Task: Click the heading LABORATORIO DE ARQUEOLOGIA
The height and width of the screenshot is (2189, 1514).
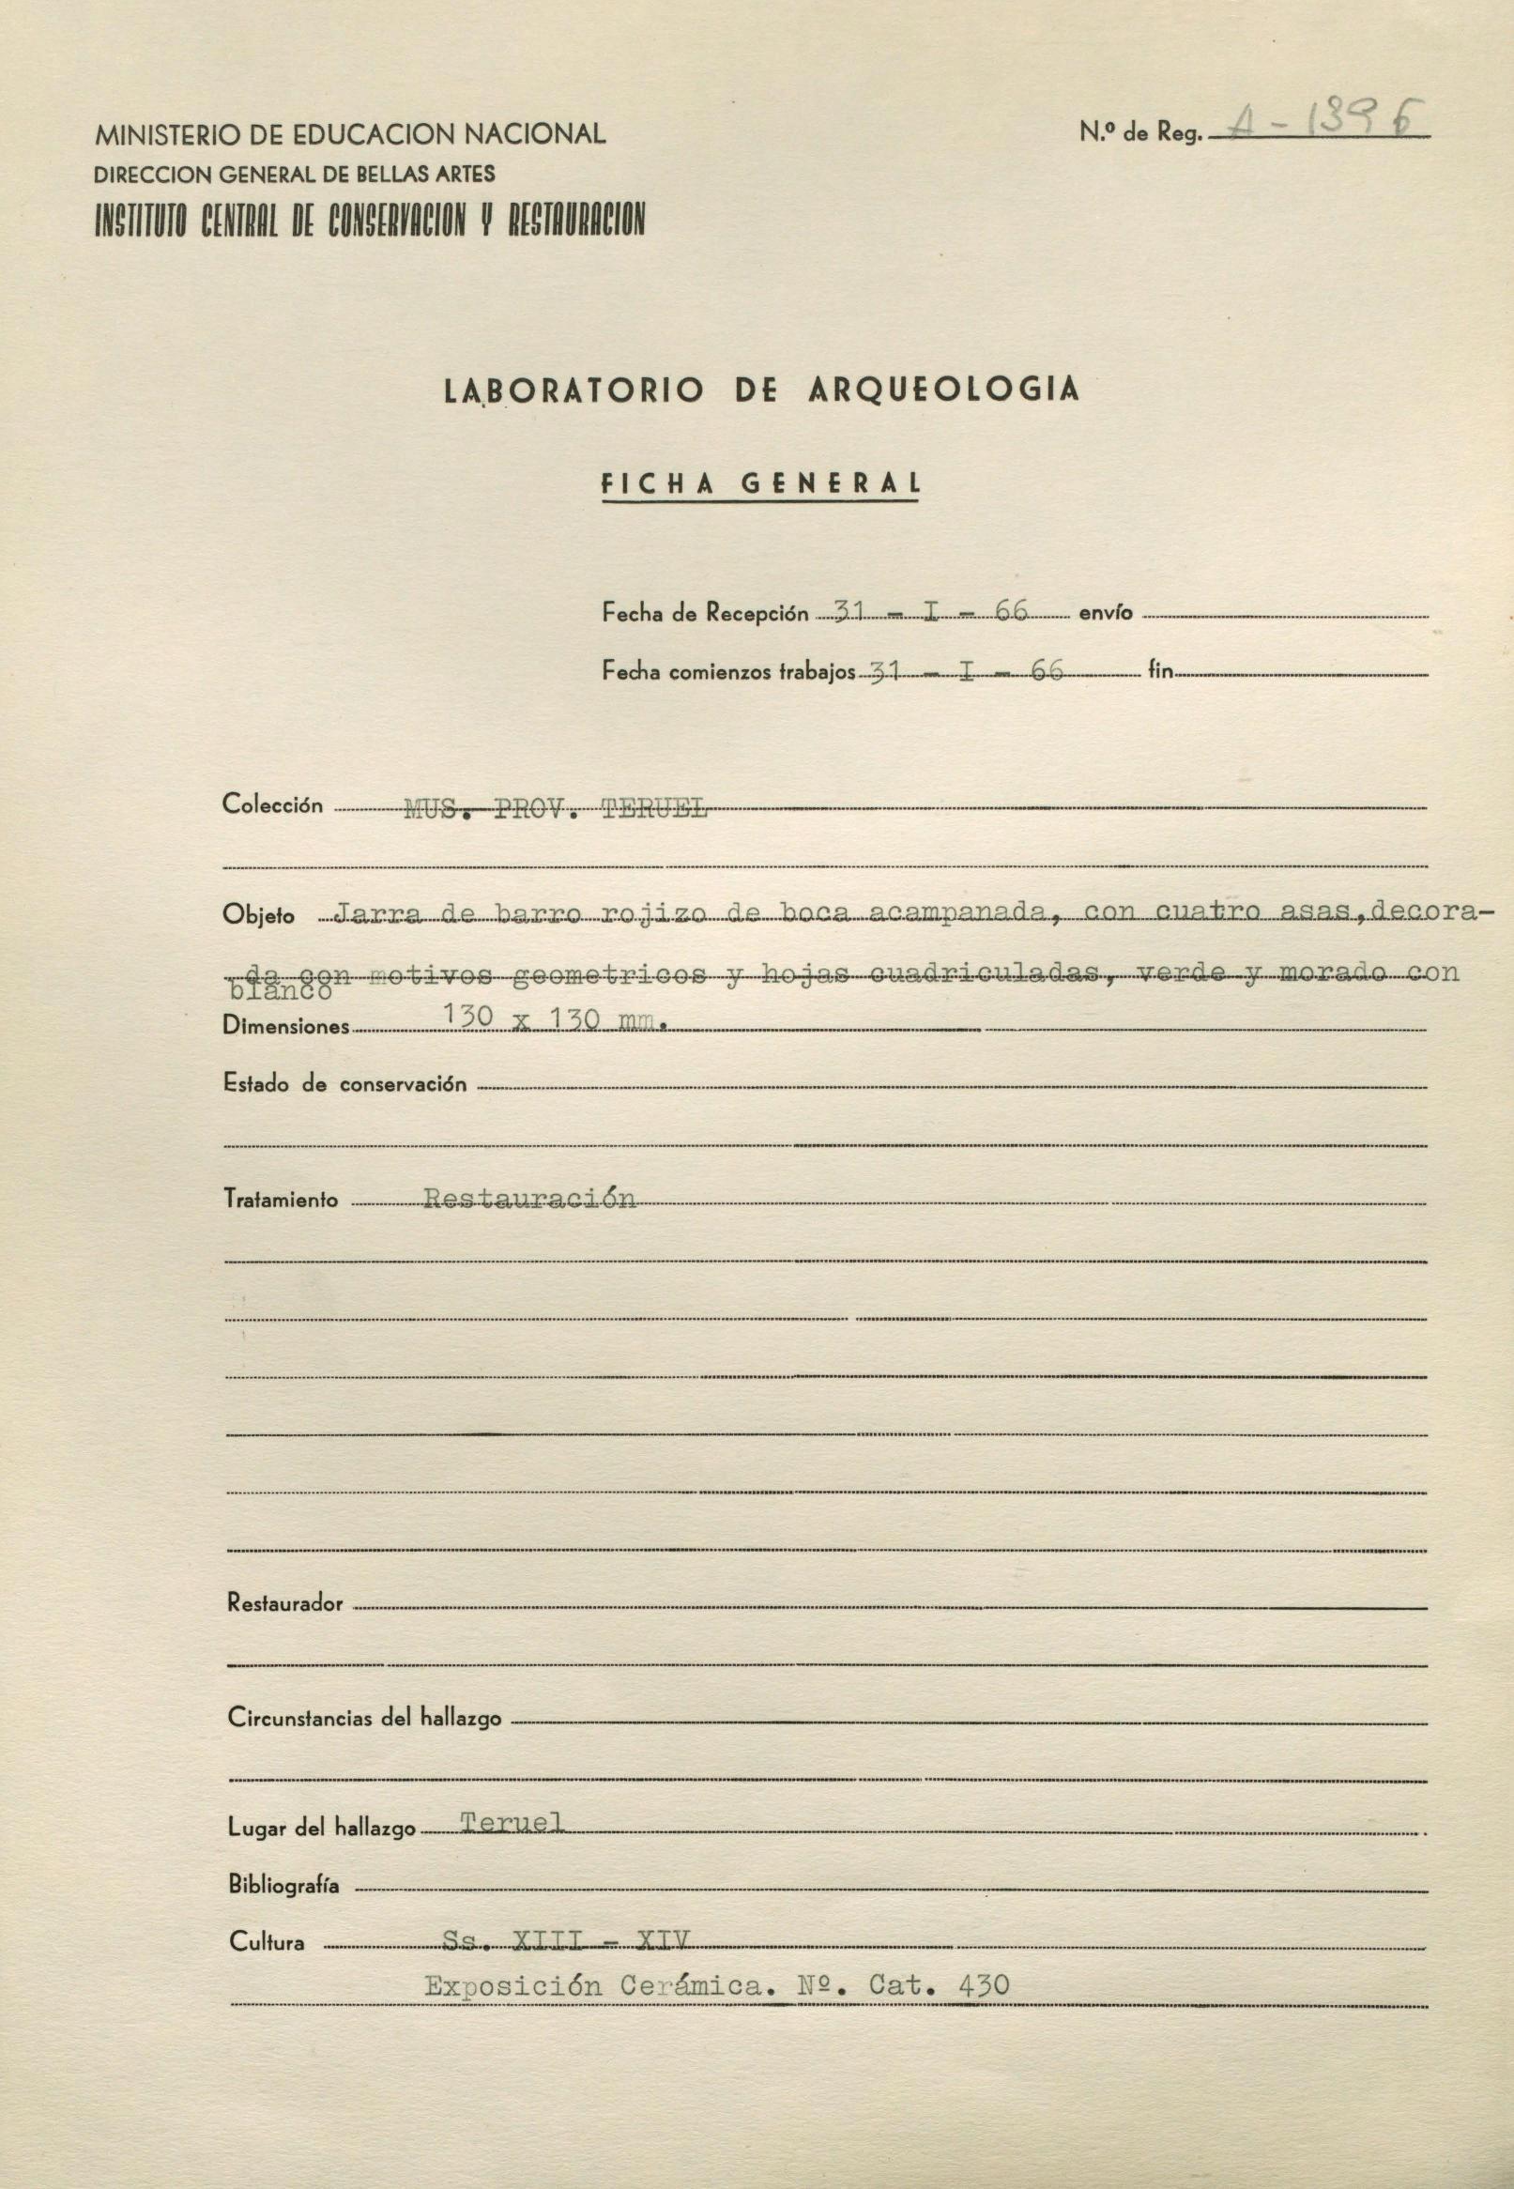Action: (x=761, y=390)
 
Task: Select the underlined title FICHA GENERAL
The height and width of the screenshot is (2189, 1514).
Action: (x=761, y=483)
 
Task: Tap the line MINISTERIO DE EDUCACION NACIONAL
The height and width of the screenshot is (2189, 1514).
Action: (x=350, y=134)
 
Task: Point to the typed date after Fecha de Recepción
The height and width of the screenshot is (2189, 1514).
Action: (x=929, y=612)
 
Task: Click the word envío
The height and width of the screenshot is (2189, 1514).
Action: (x=1105, y=614)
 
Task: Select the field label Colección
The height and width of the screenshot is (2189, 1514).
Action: (x=272, y=805)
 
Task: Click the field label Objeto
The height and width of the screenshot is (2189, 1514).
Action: (x=258, y=915)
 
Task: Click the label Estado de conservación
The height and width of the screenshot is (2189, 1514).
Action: (x=344, y=1084)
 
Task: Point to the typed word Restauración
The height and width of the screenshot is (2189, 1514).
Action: (x=529, y=1198)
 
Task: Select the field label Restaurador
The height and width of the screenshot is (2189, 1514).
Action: (x=284, y=1604)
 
